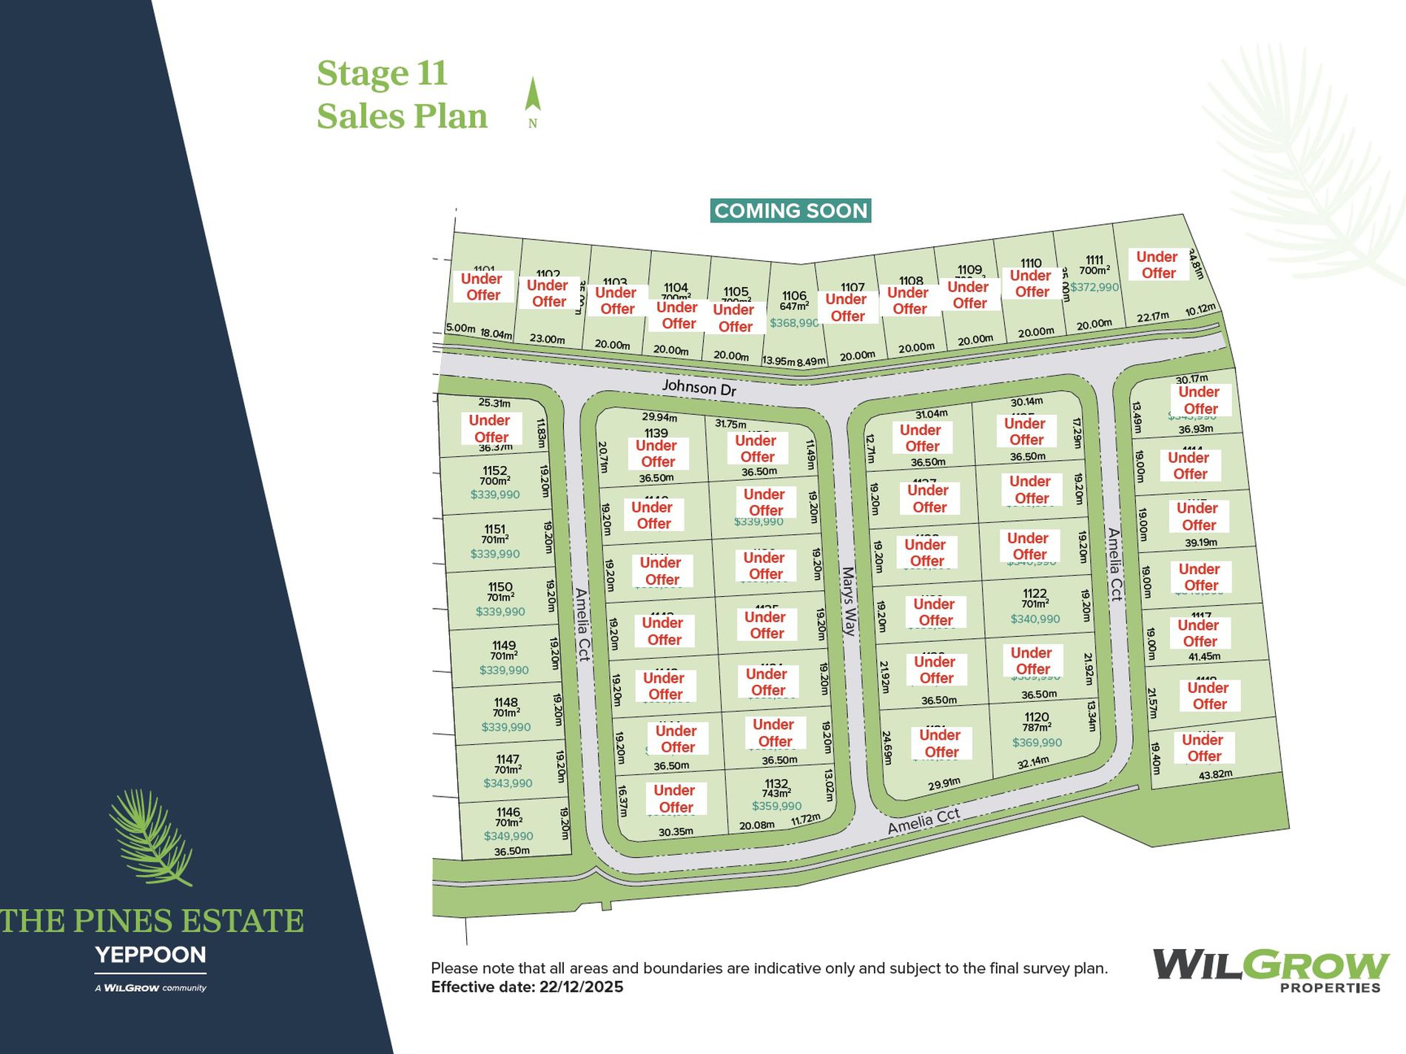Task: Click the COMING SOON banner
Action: point(790,211)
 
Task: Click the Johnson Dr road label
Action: point(699,388)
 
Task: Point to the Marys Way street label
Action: point(849,601)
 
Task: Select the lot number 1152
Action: point(495,470)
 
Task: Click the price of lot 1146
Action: point(508,836)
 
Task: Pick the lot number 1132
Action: point(776,783)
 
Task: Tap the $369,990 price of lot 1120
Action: point(1037,743)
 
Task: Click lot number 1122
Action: point(1035,593)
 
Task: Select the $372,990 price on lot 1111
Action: point(1094,287)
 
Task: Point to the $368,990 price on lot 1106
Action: point(794,323)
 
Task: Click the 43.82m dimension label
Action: point(1216,774)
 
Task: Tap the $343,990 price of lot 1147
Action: point(508,783)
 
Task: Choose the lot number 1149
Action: point(503,645)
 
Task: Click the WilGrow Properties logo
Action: point(1270,970)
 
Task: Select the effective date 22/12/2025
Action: point(581,987)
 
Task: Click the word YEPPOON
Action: point(151,955)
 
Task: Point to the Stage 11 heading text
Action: point(382,73)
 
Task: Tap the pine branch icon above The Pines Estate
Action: point(151,837)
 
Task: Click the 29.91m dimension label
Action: point(944,784)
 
